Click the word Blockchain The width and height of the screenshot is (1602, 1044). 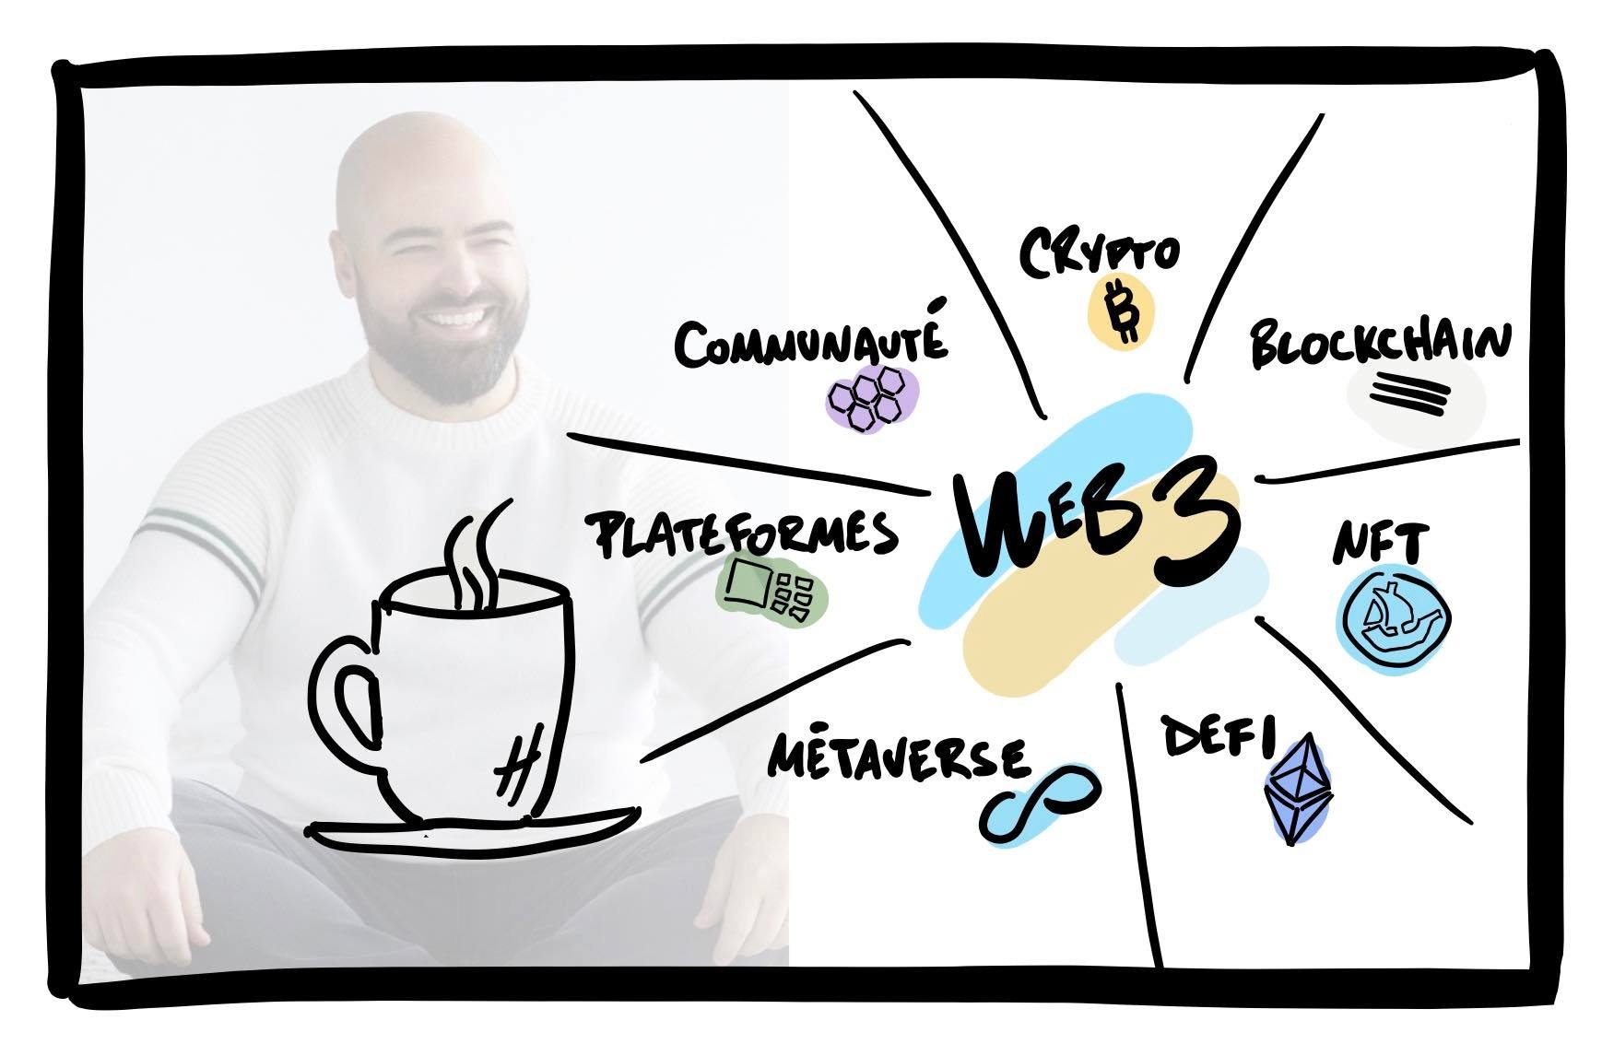coord(1380,345)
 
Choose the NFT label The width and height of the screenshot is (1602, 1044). coord(1380,544)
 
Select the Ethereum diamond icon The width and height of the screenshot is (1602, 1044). coord(1301,788)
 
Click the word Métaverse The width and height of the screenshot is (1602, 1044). coord(897,757)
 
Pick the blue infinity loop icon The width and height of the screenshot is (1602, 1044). coord(1040,799)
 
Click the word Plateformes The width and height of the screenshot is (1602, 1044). coord(743,535)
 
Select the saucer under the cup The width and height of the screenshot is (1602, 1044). coord(475,828)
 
